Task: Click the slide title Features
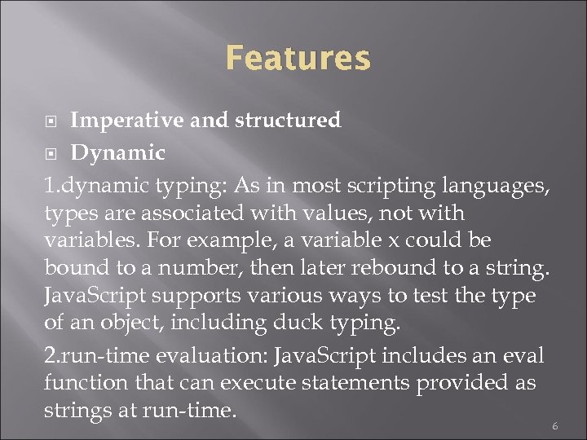click(x=298, y=59)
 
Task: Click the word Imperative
click(x=127, y=121)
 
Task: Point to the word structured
click(x=288, y=121)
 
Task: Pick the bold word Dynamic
click(x=117, y=153)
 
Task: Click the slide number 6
click(x=554, y=425)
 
